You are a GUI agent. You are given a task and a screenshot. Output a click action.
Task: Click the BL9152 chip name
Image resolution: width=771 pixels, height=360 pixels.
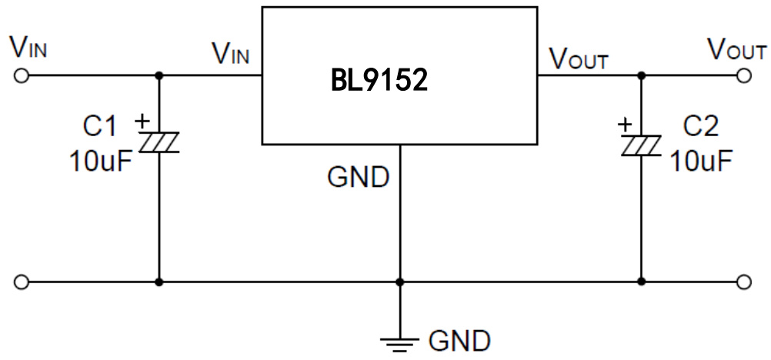click(x=379, y=80)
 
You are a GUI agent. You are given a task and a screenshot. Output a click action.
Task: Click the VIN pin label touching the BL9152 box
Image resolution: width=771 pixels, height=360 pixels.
click(x=231, y=56)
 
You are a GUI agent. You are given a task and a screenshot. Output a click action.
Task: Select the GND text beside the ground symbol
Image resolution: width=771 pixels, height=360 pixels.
click(x=459, y=339)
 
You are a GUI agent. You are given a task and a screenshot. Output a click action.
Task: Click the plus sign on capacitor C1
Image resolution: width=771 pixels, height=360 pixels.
click(x=142, y=121)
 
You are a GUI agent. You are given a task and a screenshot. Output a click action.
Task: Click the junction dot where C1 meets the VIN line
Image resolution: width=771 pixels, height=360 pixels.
click(x=159, y=75)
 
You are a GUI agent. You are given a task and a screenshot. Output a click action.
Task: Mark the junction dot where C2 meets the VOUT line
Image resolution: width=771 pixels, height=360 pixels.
click(x=641, y=75)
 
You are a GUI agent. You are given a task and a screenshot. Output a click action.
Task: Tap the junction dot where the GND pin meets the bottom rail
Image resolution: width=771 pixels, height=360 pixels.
click(x=400, y=282)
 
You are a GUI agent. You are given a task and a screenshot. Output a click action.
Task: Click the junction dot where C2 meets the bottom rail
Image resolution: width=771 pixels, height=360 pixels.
click(x=641, y=282)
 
